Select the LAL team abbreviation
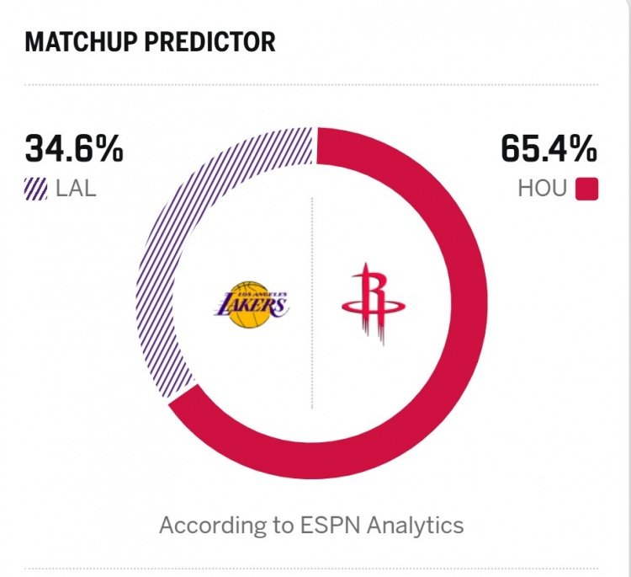76,188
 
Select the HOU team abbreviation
543,188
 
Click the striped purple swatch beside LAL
37,189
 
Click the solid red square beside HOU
586,189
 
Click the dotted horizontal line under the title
312,84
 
